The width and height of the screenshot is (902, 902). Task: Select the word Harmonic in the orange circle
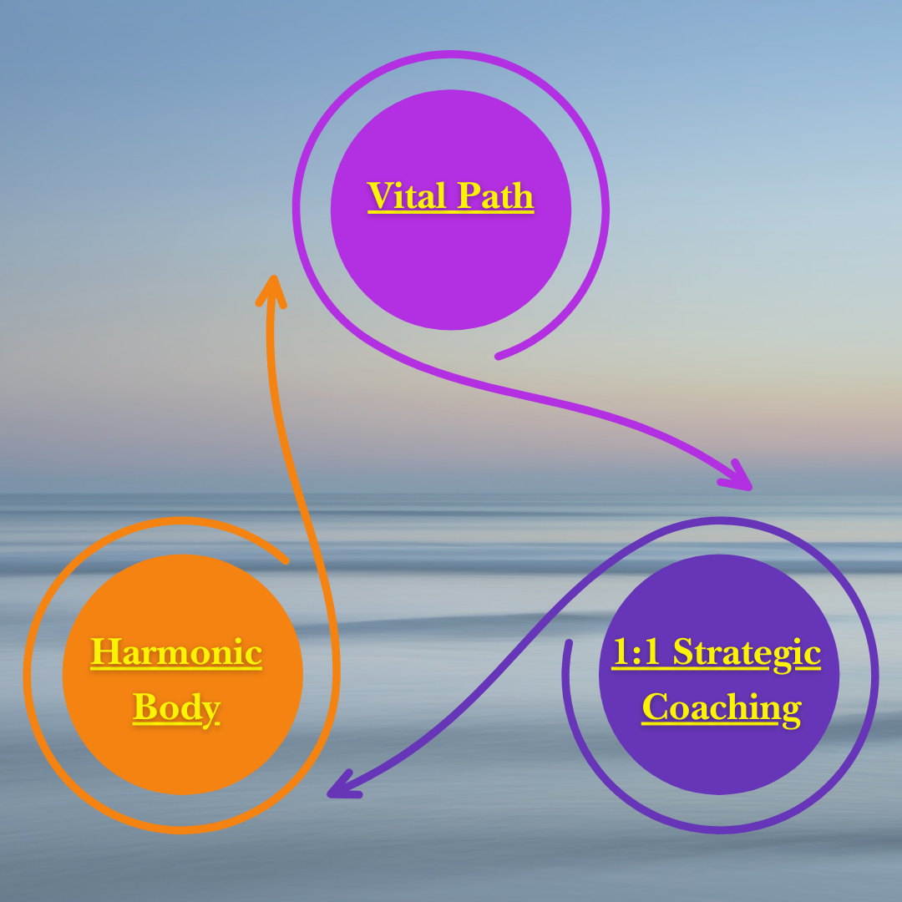pyautogui.click(x=176, y=652)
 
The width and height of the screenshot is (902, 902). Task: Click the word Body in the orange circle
pyautogui.click(x=176, y=707)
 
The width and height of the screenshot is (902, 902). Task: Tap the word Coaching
pyautogui.click(x=721, y=709)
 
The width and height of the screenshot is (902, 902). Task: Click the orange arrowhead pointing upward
pyautogui.click(x=270, y=288)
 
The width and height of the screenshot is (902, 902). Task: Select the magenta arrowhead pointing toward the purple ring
pyautogui.click(x=738, y=477)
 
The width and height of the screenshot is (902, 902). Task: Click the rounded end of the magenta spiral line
pyautogui.click(x=499, y=357)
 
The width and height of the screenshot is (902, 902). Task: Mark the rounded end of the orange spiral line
pyautogui.click(x=286, y=560)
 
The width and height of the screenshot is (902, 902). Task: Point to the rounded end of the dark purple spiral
pyautogui.click(x=568, y=643)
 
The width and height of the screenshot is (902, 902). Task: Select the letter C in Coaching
pyautogui.click(x=654, y=708)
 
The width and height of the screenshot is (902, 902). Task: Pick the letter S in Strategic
pyautogui.click(x=684, y=652)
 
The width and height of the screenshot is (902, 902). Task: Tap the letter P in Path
pyautogui.click(x=469, y=196)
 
